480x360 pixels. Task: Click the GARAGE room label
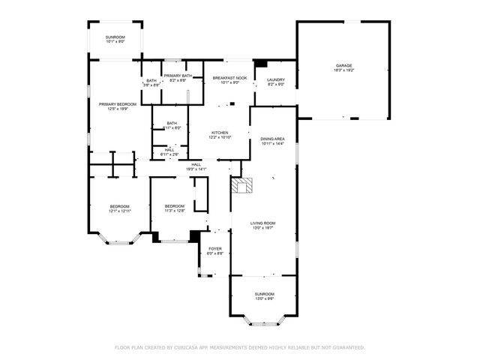[x=343, y=66]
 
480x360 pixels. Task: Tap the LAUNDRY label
[x=276, y=79]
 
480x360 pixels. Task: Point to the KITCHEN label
[x=220, y=133]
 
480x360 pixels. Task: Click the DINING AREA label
[x=271, y=139]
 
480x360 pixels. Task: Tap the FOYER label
[x=215, y=249]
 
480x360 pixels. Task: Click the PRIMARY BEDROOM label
[x=117, y=103]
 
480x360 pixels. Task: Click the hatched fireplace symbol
[x=243, y=185]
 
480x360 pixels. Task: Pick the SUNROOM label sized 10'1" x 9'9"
[x=115, y=37]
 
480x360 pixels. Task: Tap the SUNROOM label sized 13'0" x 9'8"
[x=264, y=294]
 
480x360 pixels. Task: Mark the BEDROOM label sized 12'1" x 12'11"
[x=120, y=206]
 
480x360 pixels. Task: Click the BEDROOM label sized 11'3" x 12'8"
[x=175, y=206]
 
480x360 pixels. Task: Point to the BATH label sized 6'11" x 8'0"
[x=172, y=124]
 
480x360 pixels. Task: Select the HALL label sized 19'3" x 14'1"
[x=196, y=164]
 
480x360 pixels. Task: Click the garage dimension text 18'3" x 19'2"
[x=343, y=70]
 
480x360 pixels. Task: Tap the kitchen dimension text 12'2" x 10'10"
[x=220, y=137]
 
